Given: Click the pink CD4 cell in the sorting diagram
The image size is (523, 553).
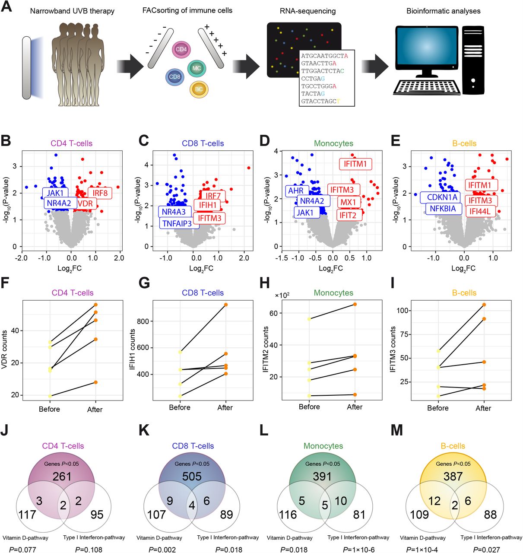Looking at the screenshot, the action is click(181, 49).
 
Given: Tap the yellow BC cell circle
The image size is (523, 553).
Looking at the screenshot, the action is click(199, 89).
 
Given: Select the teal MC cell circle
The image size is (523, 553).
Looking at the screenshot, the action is click(197, 68).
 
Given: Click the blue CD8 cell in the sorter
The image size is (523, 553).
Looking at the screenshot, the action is click(174, 77).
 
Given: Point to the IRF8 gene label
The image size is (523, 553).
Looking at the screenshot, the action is click(100, 193).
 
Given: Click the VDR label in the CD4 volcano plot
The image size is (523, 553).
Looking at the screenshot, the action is click(85, 203).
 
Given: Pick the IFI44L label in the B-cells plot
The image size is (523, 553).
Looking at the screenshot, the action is click(479, 211).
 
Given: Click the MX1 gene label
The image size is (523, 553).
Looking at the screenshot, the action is click(349, 202).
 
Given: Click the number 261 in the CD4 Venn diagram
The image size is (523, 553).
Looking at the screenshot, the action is click(62, 476).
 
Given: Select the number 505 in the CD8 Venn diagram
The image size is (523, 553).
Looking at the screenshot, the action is click(192, 476).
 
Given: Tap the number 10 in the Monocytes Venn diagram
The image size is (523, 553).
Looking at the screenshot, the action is click(341, 501).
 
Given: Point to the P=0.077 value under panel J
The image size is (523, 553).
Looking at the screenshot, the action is click(23, 550).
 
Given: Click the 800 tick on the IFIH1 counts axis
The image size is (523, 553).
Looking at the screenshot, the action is click(143, 321).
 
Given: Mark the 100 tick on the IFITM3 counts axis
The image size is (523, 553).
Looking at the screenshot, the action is click(402, 311).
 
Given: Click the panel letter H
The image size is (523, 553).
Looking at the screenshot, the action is click(265, 283).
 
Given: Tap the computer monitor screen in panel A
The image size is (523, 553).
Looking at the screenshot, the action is click(426, 46).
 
